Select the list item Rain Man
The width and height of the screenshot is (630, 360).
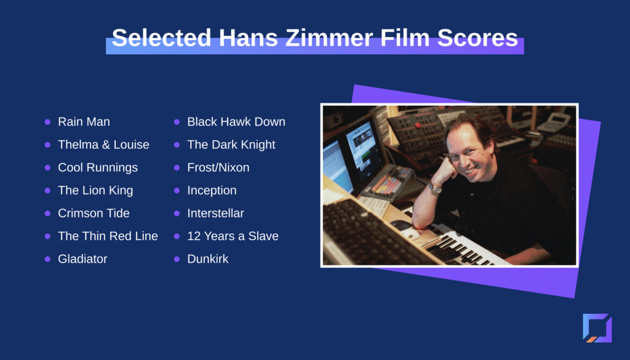(84, 122)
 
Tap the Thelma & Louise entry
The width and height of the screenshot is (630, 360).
(103, 145)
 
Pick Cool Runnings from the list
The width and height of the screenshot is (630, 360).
(98, 167)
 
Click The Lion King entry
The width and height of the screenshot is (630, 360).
(95, 190)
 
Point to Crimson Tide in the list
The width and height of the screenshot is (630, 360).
(94, 214)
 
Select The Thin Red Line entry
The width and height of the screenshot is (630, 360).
(108, 236)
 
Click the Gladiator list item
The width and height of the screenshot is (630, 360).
(83, 259)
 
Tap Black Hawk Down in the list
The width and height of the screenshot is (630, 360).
(236, 122)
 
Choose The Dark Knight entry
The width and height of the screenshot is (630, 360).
(231, 145)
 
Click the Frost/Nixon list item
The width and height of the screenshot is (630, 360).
(218, 167)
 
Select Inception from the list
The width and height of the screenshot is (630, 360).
(212, 190)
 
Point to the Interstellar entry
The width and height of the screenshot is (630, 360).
(216, 214)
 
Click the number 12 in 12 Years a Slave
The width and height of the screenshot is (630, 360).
(194, 236)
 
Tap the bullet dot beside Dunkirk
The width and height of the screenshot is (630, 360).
(177, 259)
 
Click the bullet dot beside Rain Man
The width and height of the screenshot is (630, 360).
(47, 122)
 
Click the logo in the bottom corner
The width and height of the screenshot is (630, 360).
(597, 328)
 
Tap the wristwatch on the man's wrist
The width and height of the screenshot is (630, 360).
(434, 188)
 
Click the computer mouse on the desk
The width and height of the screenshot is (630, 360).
(410, 234)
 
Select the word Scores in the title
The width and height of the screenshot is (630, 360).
(477, 38)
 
